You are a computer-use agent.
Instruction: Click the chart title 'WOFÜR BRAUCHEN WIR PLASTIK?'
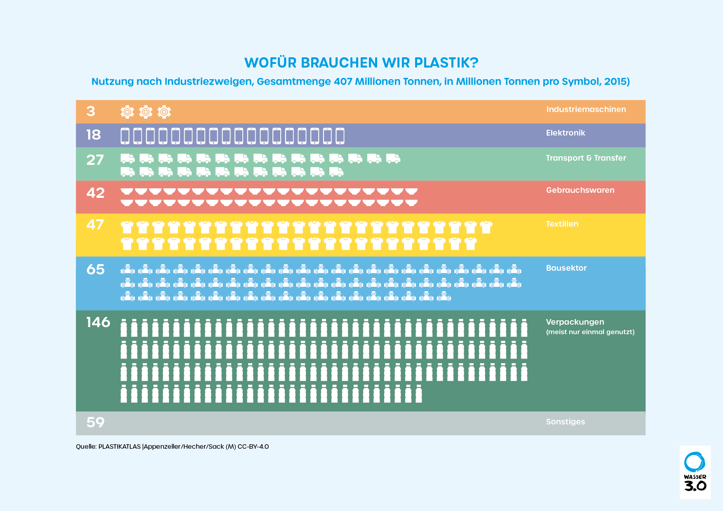click(x=361, y=63)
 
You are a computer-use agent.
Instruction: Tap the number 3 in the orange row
click(x=91, y=111)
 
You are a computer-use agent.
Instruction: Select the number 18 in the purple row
click(x=94, y=135)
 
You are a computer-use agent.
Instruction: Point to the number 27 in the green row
click(x=95, y=160)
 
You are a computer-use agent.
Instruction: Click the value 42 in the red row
click(x=96, y=193)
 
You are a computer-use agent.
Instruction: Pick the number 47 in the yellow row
click(x=95, y=225)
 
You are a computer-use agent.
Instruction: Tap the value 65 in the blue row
click(x=96, y=270)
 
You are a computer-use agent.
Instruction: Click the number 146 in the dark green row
click(x=98, y=322)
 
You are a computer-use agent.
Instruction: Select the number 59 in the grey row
click(x=96, y=422)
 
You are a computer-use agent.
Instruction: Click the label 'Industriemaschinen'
click(x=586, y=109)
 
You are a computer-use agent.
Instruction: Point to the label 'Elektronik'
click(x=566, y=133)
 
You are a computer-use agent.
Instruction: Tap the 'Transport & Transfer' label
click(x=586, y=158)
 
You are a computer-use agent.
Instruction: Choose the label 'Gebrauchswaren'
click(x=580, y=190)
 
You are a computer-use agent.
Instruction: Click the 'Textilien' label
click(x=562, y=224)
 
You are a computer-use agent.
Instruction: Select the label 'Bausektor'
click(x=566, y=268)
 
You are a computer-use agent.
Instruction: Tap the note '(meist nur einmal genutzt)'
click(x=590, y=332)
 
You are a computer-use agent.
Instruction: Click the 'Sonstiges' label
click(x=566, y=422)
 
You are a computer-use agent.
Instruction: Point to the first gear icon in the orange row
click(x=127, y=112)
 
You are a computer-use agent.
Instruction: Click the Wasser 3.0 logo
click(x=695, y=472)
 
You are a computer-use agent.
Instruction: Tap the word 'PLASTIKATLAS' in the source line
click(x=120, y=447)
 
